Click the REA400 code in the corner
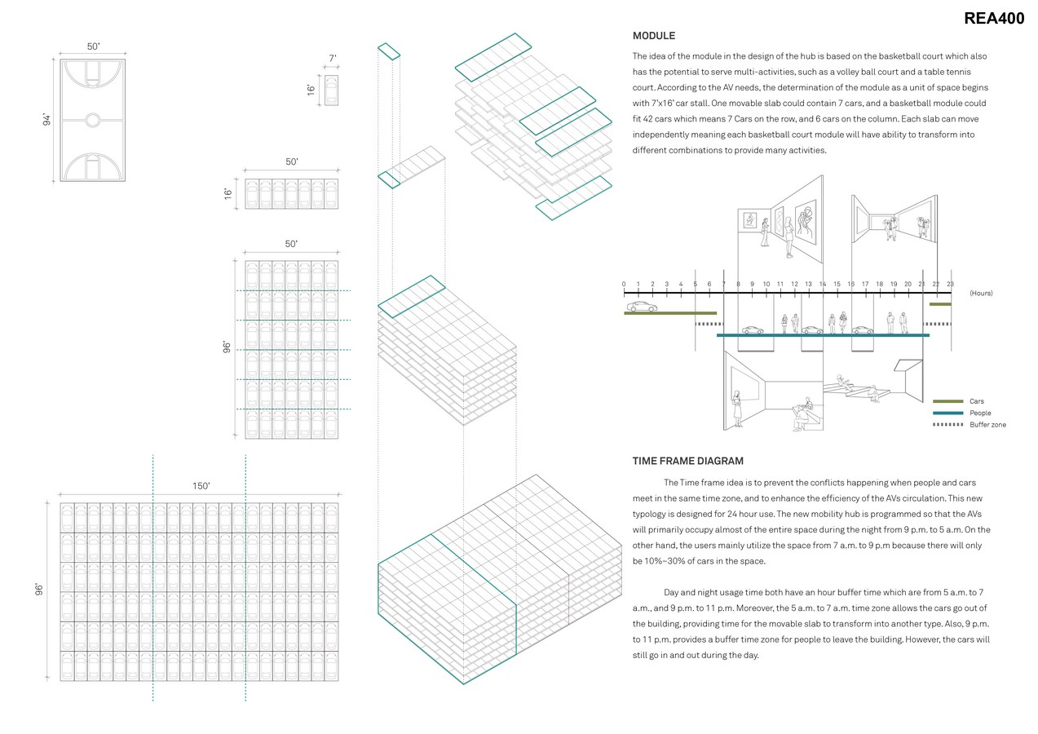pyautogui.click(x=993, y=19)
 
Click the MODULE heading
pyautogui.click(x=653, y=36)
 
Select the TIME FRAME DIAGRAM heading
pyautogui.click(x=687, y=461)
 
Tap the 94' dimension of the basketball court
pyautogui.click(x=47, y=119)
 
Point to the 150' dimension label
pyautogui.click(x=200, y=485)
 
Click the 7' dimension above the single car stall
pyautogui.click(x=332, y=58)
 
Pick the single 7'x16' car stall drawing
pyautogui.click(x=331, y=90)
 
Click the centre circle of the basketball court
pyautogui.click(x=93, y=120)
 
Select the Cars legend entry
pyautogui.click(x=977, y=401)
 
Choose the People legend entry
pyautogui.click(x=980, y=413)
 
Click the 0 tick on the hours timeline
pyautogui.click(x=624, y=285)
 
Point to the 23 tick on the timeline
pyautogui.click(x=950, y=285)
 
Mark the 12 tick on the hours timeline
pyautogui.click(x=794, y=285)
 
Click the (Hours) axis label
pyautogui.click(x=981, y=293)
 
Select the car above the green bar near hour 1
pyautogui.click(x=642, y=307)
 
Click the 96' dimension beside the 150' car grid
pyautogui.click(x=39, y=590)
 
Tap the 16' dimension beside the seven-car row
pyautogui.click(x=228, y=193)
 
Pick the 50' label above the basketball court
pyautogui.click(x=93, y=47)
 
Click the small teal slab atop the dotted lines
pyautogui.click(x=389, y=51)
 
